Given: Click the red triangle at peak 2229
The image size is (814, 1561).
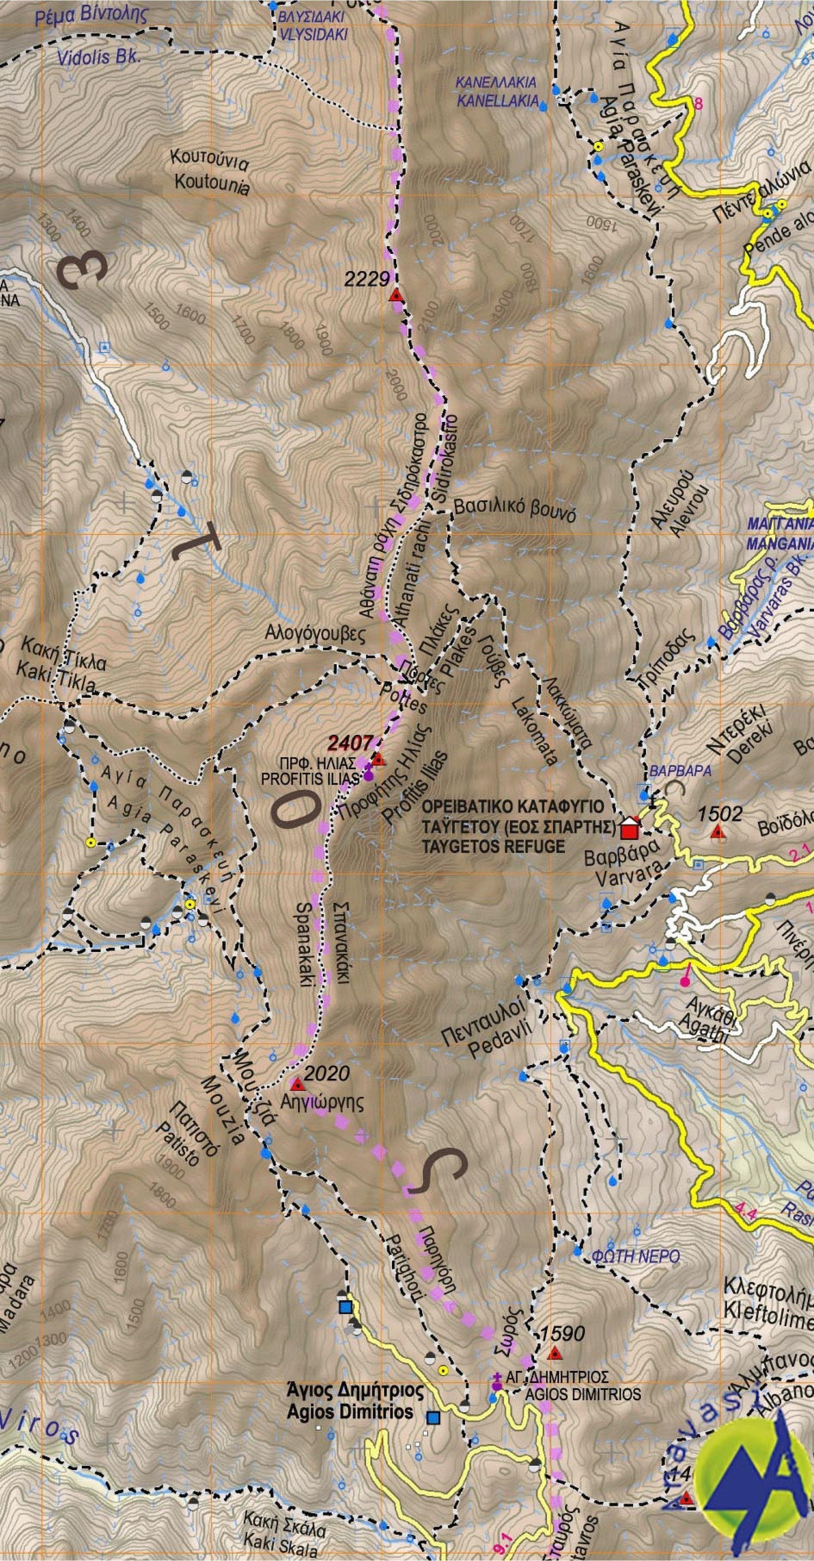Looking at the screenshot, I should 396,296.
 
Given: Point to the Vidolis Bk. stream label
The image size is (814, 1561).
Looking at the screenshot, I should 98,58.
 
